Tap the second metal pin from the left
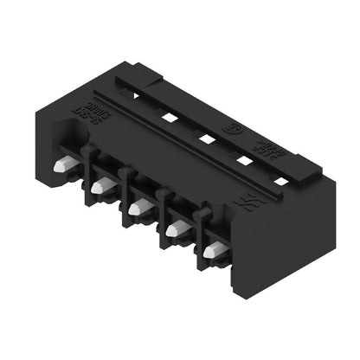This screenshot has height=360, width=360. (100, 185)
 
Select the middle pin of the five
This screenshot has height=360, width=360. (138, 207)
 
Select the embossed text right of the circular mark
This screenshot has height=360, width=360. (265, 143)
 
